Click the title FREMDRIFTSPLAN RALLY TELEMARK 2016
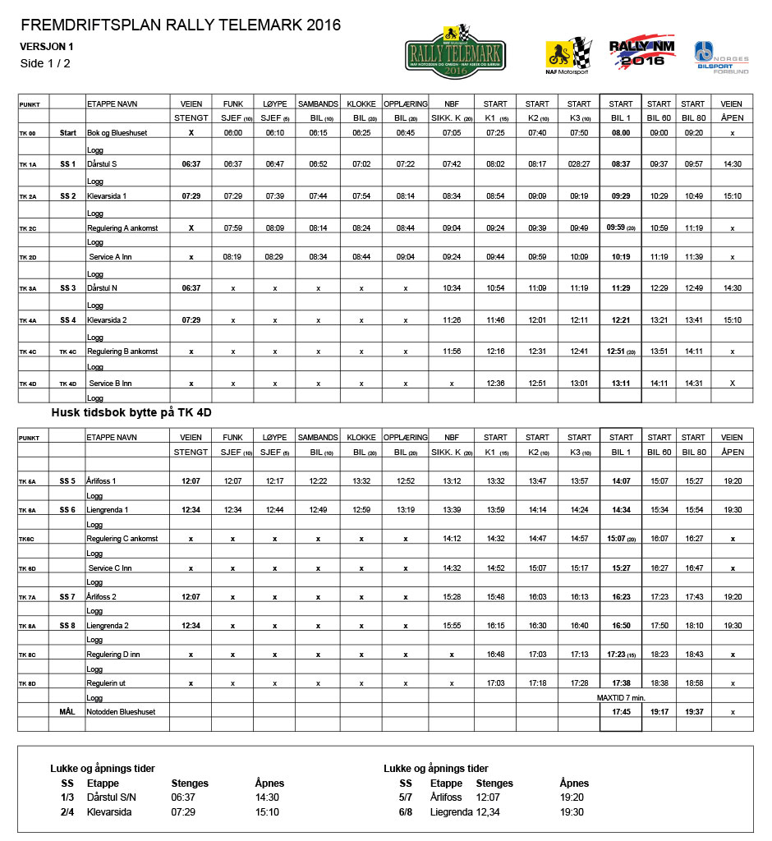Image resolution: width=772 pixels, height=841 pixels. coord(181,25)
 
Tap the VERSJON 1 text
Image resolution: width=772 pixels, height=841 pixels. coord(47,47)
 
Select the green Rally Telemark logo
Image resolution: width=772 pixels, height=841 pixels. coord(456,53)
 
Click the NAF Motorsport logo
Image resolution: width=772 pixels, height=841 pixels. coord(568,56)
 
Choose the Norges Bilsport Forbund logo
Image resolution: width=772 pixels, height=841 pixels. coord(721,58)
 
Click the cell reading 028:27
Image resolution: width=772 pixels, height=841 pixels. coord(578,164)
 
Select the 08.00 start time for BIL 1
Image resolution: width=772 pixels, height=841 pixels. coord(621,132)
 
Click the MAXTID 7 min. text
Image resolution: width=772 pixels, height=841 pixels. coord(621,697)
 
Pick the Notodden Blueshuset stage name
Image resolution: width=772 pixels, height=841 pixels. coord(122,711)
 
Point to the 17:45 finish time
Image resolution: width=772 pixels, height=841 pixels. coord(621,711)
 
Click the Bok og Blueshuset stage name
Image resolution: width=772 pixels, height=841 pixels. coord(118,132)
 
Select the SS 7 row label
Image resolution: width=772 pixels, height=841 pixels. coord(67,597)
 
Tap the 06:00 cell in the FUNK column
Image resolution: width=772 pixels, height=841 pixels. coord(232,132)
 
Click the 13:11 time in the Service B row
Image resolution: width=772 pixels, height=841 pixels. coord(621,383)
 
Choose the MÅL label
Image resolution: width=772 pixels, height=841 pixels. coord(67,711)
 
